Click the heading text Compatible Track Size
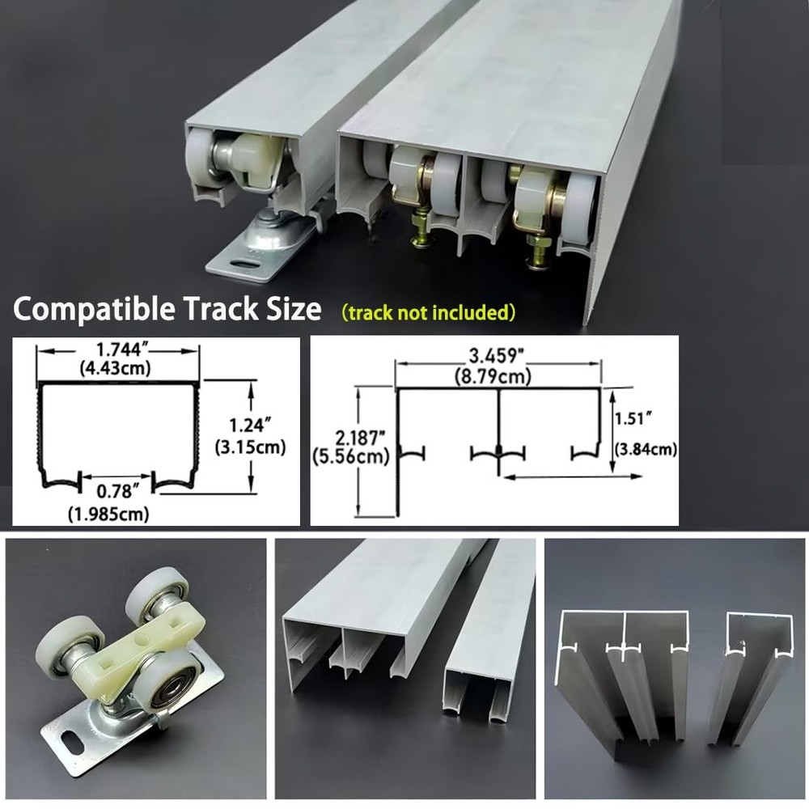tap(167, 309)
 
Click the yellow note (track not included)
tap(428, 312)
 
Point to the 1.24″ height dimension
tap(252, 423)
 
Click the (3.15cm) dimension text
tap(252, 447)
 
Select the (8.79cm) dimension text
tap(497, 376)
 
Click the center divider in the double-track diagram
tap(498, 425)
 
